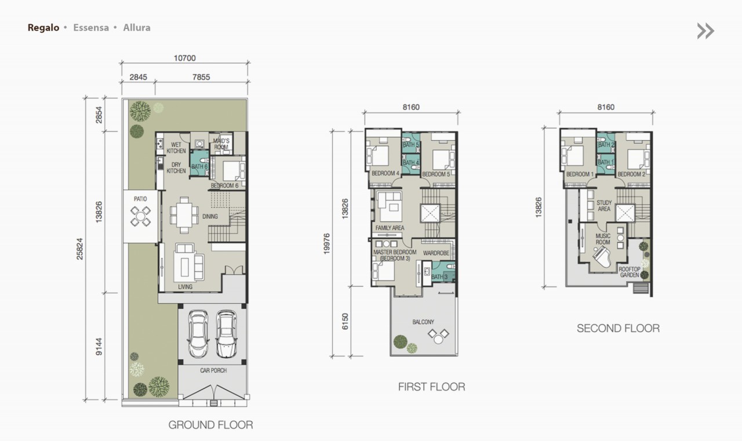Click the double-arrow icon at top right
pyautogui.click(x=705, y=31)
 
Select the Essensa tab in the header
pyautogui.click(x=91, y=27)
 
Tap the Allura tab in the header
pyautogui.click(x=137, y=27)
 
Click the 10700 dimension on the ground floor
pyautogui.click(x=184, y=58)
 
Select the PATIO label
pyautogui.click(x=140, y=199)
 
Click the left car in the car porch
pyautogui.click(x=198, y=335)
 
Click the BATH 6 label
pyautogui.click(x=199, y=167)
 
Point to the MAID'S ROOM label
pyautogui.click(x=221, y=144)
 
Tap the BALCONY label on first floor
pyautogui.click(x=423, y=322)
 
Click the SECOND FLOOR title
pyautogui.click(x=618, y=329)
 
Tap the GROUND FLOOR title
pyautogui.click(x=210, y=425)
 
